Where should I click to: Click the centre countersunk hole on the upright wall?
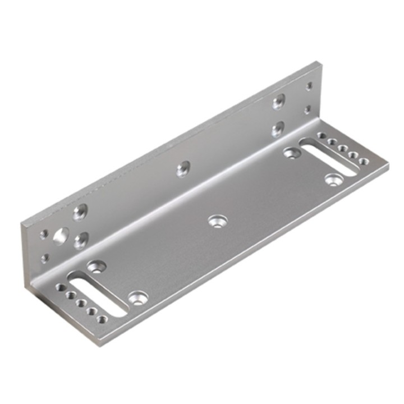tap(183, 168)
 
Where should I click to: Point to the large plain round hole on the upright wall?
tap(59, 236)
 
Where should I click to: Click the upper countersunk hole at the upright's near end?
tap(81, 212)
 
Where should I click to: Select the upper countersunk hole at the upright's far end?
tap(278, 102)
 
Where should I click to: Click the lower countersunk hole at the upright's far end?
tap(277, 130)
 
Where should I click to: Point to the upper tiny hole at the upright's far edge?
tap(309, 86)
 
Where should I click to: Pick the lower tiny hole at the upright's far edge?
tap(307, 110)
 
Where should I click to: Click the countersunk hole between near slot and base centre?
tap(136, 297)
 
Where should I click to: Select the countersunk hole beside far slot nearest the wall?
tap(291, 151)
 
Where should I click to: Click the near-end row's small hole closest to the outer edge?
tap(102, 319)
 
